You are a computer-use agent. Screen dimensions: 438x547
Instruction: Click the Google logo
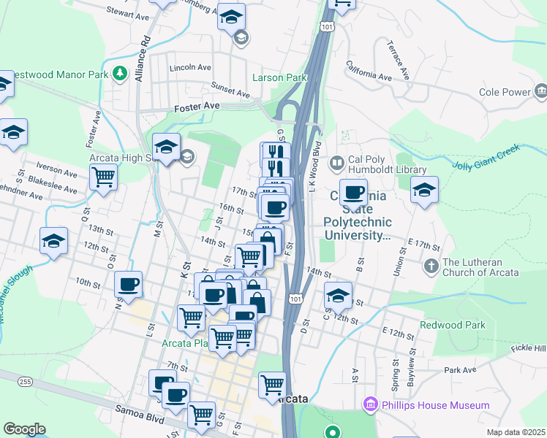point(24,429)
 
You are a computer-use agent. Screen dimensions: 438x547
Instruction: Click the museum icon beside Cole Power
point(541,92)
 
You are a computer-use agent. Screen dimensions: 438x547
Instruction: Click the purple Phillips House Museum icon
point(370,404)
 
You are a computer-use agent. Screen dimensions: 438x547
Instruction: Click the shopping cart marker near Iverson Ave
point(103,177)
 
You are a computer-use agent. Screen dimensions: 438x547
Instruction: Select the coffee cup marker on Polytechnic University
point(353,193)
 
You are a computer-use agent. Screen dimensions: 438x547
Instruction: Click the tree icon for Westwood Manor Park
point(118,74)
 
